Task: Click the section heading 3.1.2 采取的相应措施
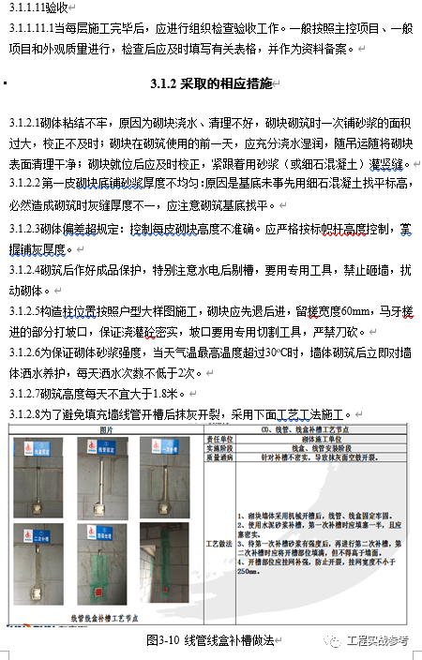pyautogui.click(x=210, y=84)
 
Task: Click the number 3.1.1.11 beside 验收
pyautogui.click(x=31, y=8)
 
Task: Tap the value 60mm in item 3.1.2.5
pyautogui.click(x=357, y=309)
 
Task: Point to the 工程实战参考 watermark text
pyautogui.click(x=379, y=641)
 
